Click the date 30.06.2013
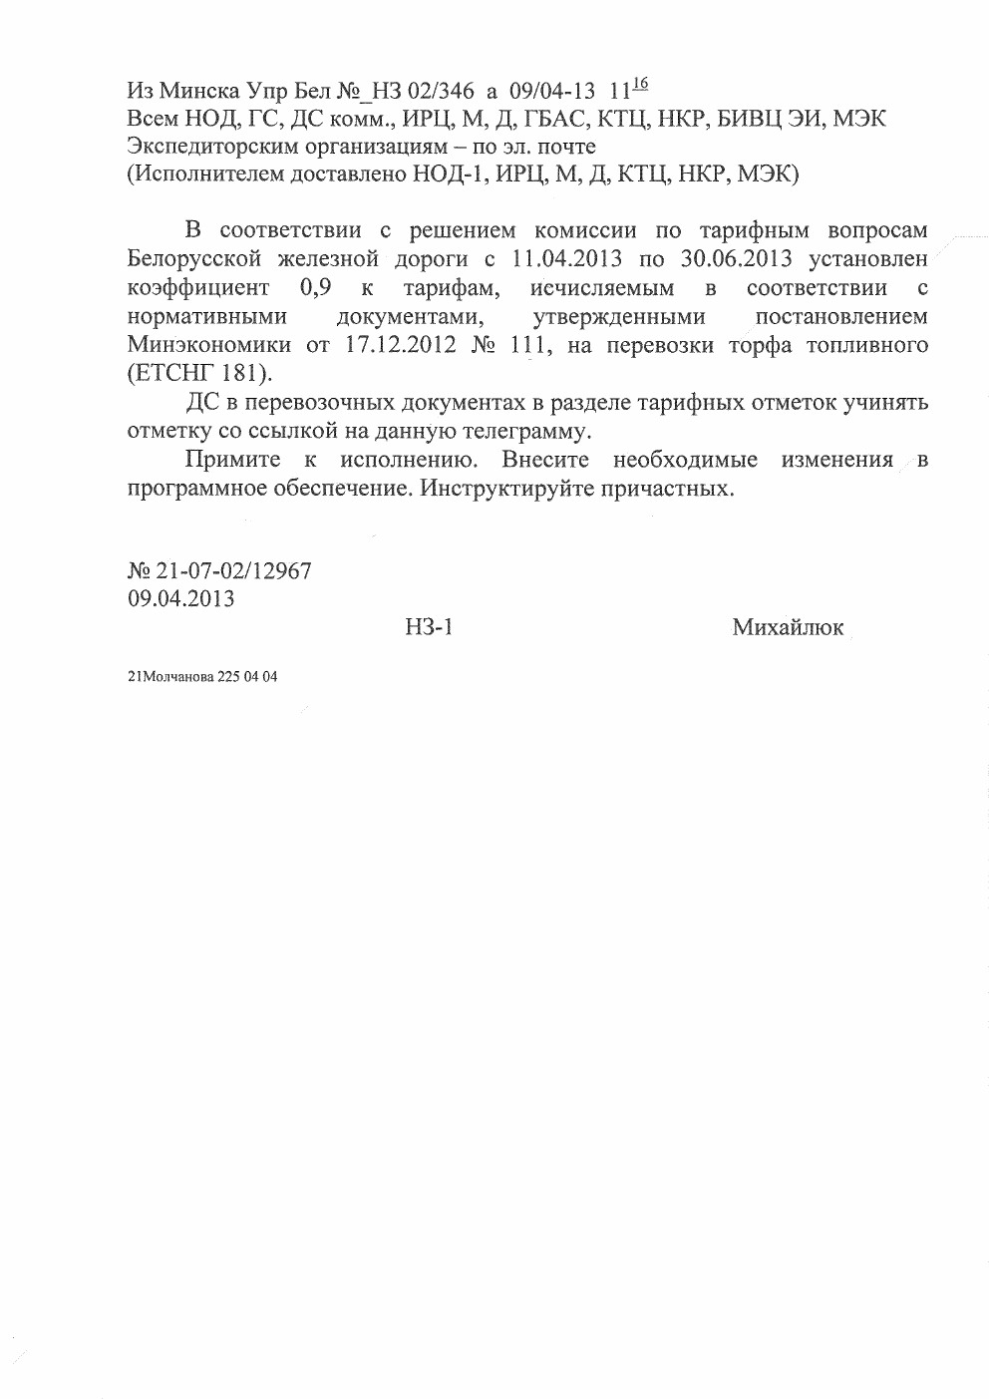(737, 260)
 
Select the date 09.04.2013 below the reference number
(181, 599)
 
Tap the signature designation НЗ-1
(430, 627)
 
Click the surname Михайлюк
(788, 627)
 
